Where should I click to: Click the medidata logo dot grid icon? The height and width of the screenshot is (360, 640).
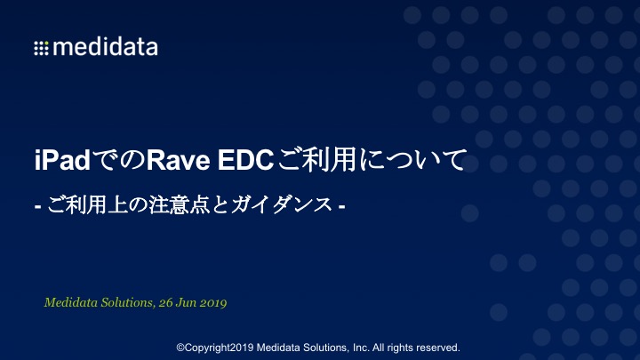click(41, 48)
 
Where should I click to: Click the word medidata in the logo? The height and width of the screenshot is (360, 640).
click(105, 46)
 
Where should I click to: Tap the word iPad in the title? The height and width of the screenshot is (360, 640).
click(62, 160)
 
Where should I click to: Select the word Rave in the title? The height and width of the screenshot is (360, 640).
click(179, 160)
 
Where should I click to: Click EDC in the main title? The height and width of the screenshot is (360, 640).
click(245, 160)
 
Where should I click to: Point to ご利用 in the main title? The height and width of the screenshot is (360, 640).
click(317, 160)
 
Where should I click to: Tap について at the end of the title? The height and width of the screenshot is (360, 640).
click(412, 160)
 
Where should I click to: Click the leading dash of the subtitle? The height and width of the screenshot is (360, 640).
click(38, 207)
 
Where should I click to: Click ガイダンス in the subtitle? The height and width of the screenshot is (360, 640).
click(282, 204)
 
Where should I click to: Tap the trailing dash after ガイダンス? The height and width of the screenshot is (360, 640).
click(342, 207)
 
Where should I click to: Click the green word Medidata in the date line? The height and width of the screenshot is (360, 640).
click(70, 302)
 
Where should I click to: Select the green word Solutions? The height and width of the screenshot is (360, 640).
click(128, 302)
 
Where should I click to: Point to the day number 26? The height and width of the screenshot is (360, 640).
click(165, 303)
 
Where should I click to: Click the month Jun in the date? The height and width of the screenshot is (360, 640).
click(186, 303)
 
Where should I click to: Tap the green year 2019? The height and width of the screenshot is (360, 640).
click(212, 303)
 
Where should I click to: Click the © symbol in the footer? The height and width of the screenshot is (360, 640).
click(180, 348)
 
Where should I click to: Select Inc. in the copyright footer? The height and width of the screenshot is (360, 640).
click(361, 348)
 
